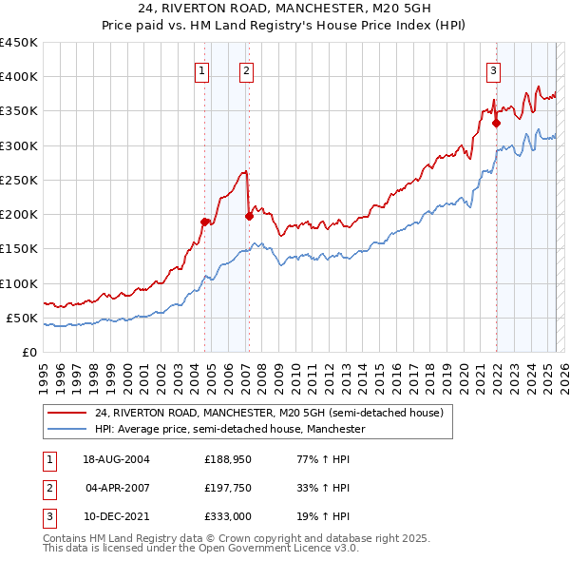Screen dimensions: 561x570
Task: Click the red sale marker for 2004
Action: (x=204, y=222)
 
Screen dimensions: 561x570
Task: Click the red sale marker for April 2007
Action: (x=249, y=216)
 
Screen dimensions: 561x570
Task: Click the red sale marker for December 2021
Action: (x=496, y=123)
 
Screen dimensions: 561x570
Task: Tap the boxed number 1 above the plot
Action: (x=202, y=69)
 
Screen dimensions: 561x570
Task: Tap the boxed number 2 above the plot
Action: (x=246, y=69)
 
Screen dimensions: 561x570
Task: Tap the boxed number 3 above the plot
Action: (x=494, y=69)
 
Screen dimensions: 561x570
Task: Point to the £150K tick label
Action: (x=19, y=249)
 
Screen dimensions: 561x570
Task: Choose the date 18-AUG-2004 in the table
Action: (x=117, y=459)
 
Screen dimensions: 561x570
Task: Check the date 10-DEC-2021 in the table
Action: (x=117, y=516)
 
